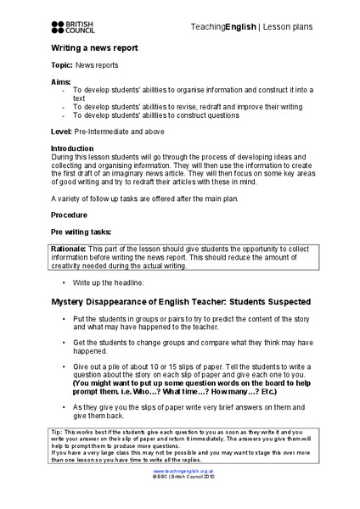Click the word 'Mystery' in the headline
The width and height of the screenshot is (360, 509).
pyautogui.click(x=71, y=302)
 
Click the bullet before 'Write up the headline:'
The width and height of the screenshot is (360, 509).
pyautogui.click(x=64, y=281)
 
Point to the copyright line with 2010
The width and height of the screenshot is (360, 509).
pyautogui.click(x=180, y=501)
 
